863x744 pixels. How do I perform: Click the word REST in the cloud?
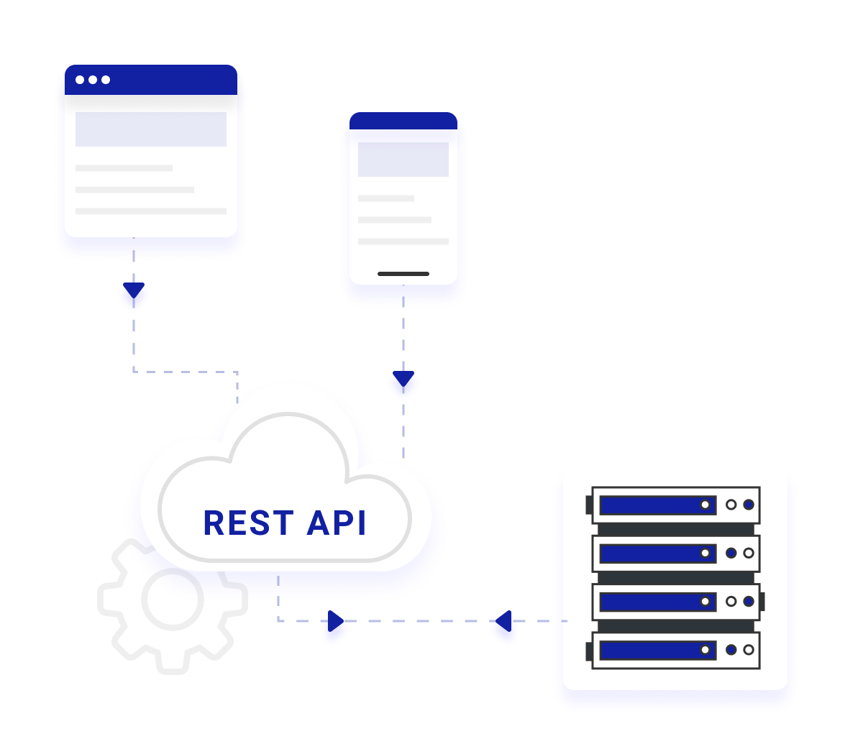click(x=248, y=522)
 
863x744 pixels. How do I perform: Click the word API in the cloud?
click(x=337, y=522)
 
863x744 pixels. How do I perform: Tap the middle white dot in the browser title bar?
click(x=93, y=80)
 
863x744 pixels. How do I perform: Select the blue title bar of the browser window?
click(x=151, y=80)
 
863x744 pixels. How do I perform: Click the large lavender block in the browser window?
click(x=151, y=129)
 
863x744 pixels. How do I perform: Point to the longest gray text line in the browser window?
click(x=151, y=211)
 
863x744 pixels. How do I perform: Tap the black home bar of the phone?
click(x=403, y=274)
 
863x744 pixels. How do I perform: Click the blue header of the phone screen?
click(x=403, y=121)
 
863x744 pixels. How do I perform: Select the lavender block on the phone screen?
click(x=403, y=160)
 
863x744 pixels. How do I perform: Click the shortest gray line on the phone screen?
click(x=386, y=198)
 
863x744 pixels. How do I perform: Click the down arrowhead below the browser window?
click(x=134, y=290)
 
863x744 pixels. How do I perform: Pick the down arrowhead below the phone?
click(x=403, y=378)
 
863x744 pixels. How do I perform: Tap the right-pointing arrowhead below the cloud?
click(x=336, y=621)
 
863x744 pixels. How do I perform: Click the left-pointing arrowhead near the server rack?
click(x=503, y=621)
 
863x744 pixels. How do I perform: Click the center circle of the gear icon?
click(x=173, y=600)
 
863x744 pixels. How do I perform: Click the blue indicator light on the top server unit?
click(x=749, y=505)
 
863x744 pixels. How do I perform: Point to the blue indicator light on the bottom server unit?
click(x=731, y=650)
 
